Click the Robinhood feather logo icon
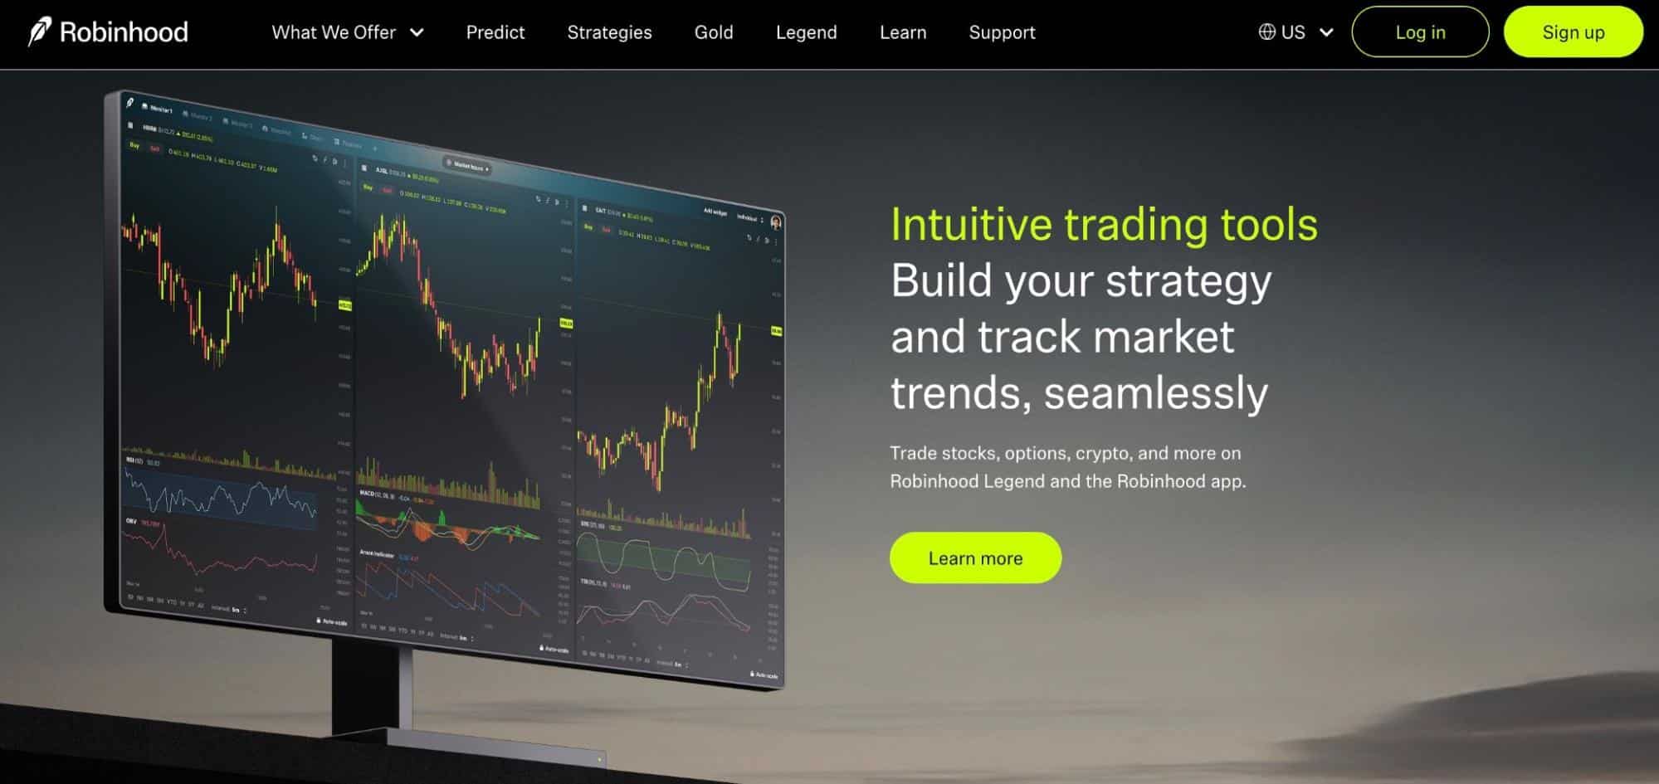tap(39, 32)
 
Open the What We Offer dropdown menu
tap(347, 32)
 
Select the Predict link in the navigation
tap(495, 32)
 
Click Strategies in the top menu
tap(609, 32)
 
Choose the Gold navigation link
tap(713, 32)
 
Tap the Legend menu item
tap(806, 32)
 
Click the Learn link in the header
tap(902, 32)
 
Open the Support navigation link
tap(1002, 32)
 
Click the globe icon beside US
tap(1266, 32)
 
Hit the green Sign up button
tap(1573, 32)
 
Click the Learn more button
tap(975, 558)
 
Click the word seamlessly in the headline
tap(1155, 393)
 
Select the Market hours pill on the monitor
tap(467, 166)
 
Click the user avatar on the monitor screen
tap(776, 222)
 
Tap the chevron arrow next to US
tap(1326, 32)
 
